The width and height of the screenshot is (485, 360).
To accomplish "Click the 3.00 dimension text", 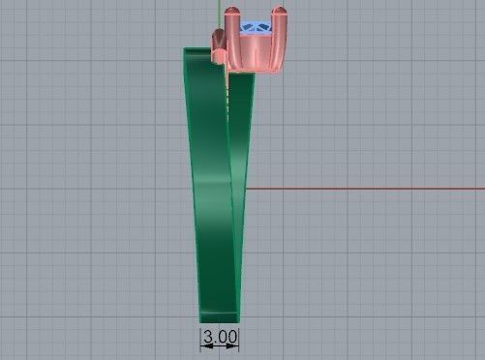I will tap(220, 336).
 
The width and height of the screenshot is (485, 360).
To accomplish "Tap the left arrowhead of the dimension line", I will tap(202, 336).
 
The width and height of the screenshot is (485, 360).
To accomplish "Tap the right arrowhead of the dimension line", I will tap(237, 336).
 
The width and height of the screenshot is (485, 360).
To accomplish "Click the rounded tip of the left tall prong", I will tap(231, 13).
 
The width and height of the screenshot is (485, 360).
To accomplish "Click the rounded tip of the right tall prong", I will tap(280, 13).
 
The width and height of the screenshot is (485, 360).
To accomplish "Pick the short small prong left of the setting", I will tap(218, 38).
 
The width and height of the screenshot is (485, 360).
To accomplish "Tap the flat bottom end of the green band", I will tap(219, 320).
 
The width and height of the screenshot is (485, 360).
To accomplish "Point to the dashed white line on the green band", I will tap(227, 97).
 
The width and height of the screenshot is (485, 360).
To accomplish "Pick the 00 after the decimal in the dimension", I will tap(227, 336).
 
